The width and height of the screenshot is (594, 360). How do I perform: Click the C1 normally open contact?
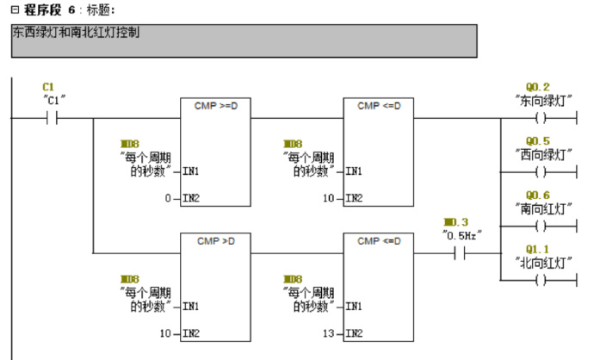pos(50,120)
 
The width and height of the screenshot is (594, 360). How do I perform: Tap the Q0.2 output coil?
pos(541,120)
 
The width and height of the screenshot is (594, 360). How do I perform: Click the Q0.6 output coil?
pos(541,227)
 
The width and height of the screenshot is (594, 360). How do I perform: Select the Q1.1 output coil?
pos(541,280)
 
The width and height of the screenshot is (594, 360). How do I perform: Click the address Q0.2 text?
pos(538,87)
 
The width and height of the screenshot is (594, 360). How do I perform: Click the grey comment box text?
pos(77,34)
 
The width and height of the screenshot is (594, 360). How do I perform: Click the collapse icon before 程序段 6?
pos(14,9)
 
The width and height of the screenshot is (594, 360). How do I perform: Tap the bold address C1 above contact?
pos(48,87)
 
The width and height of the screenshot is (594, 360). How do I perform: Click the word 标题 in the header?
pos(96,9)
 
